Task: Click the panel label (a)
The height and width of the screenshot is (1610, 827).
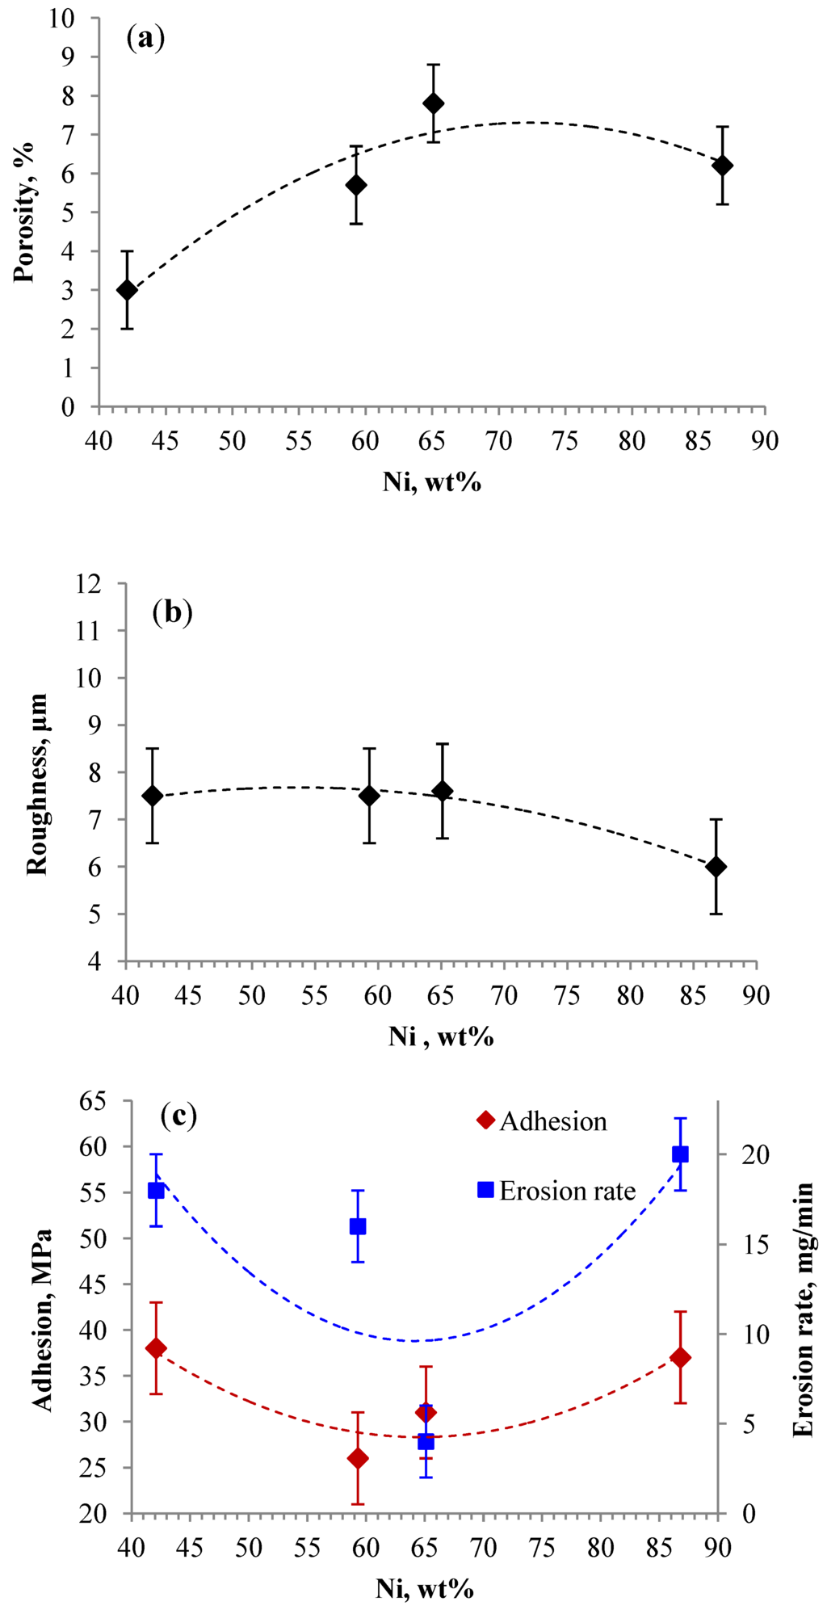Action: coord(146,39)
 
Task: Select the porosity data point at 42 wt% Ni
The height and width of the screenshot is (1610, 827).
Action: coord(127,290)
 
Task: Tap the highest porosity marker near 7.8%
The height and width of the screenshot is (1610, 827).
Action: coord(434,103)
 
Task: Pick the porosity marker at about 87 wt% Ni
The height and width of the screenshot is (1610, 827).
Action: coord(723,166)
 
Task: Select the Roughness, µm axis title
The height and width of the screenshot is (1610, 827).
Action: coord(37,784)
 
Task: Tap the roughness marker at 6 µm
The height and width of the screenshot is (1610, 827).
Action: coord(716,867)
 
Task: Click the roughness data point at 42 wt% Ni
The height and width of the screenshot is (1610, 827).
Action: coord(153,796)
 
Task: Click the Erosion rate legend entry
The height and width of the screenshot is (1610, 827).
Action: coord(557,1191)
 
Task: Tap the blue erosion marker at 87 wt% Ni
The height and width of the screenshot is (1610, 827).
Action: coord(680,1154)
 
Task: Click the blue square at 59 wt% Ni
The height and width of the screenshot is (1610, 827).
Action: coord(358,1226)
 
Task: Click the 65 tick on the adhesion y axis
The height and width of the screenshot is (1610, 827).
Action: coord(95,1100)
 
